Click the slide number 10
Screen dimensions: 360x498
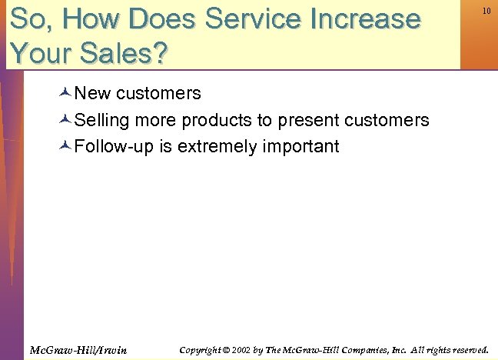[486, 11]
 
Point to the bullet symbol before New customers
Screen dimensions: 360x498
[65, 94]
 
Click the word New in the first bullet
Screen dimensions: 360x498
[93, 94]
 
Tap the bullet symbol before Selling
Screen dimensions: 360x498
[65, 121]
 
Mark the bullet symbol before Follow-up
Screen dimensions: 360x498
[65, 147]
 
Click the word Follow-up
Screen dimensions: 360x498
[115, 147]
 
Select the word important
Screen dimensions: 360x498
[300, 147]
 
